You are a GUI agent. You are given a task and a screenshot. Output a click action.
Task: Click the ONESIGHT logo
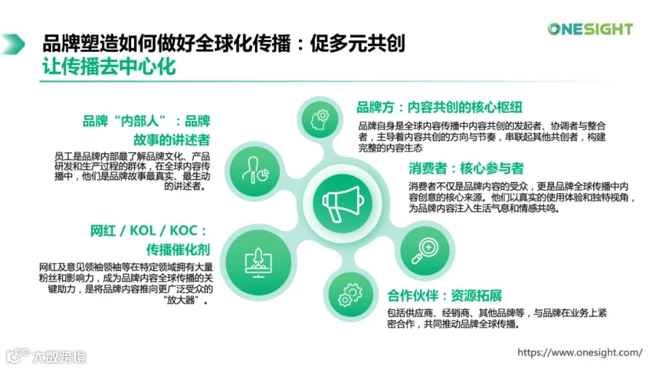(590, 29)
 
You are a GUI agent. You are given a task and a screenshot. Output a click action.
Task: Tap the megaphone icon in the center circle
(343, 203)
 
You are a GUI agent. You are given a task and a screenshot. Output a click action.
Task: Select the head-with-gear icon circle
(320, 120)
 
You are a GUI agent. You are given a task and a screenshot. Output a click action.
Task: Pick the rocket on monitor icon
(258, 263)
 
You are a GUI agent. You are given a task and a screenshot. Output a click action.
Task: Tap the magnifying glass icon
(425, 251)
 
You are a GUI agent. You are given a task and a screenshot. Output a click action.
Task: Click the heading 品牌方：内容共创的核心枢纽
(440, 107)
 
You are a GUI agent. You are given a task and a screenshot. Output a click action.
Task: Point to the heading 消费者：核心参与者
(466, 168)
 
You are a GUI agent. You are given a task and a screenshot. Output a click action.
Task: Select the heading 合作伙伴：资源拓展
(445, 295)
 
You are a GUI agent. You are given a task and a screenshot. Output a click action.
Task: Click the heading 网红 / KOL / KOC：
(148, 230)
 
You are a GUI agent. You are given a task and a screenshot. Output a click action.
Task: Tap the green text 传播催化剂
(178, 249)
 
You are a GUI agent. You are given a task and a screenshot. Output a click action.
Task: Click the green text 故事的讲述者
(171, 140)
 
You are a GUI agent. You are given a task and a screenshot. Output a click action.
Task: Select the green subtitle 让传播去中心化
(109, 66)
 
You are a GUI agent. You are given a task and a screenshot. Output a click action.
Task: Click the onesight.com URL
(580, 352)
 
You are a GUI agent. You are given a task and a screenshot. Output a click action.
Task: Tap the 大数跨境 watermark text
(59, 357)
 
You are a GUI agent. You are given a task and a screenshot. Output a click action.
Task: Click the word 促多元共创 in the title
(358, 43)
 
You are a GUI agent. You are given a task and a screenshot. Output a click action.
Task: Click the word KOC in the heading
(183, 230)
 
